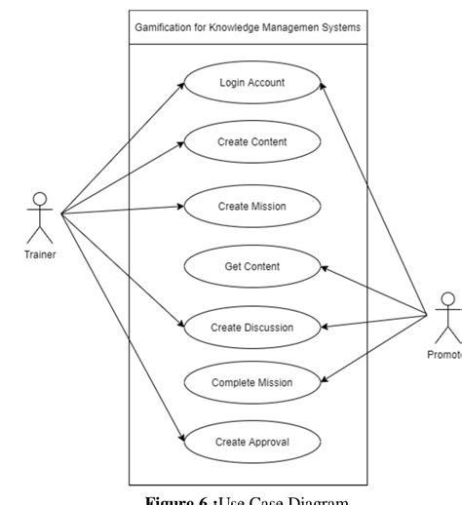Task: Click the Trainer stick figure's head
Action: point(40,198)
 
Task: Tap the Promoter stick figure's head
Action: point(448,298)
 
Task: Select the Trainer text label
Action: point(40,254)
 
